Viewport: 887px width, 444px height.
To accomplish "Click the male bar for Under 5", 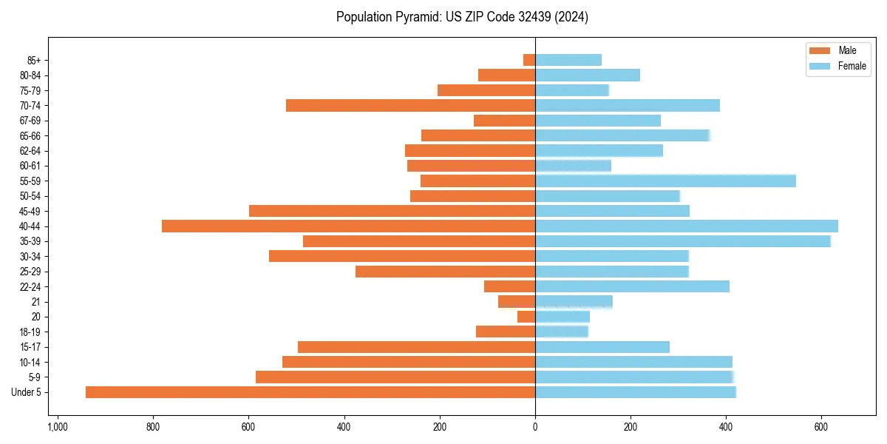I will [x=310, y=392].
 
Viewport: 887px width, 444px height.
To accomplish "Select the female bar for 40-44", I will [x=687, y=226].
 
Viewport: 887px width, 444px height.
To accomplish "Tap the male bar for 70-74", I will [x=410, y=105].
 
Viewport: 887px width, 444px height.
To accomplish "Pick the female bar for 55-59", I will [x=665, y=181].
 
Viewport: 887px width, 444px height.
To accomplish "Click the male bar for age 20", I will [x=526, y=317].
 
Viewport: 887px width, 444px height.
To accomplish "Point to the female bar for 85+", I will [x=568, y=60].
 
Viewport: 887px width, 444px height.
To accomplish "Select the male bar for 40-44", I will [x=348, y=226].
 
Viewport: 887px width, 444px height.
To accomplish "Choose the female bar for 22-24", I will [x=632, y=286].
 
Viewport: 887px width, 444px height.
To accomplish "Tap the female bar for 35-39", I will [x=683, y=241].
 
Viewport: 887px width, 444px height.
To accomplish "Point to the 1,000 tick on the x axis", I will [x=57, y=427].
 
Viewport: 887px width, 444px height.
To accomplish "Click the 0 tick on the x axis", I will [x=535, y=427].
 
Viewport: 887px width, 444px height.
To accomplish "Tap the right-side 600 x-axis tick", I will [x=821, y=427].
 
